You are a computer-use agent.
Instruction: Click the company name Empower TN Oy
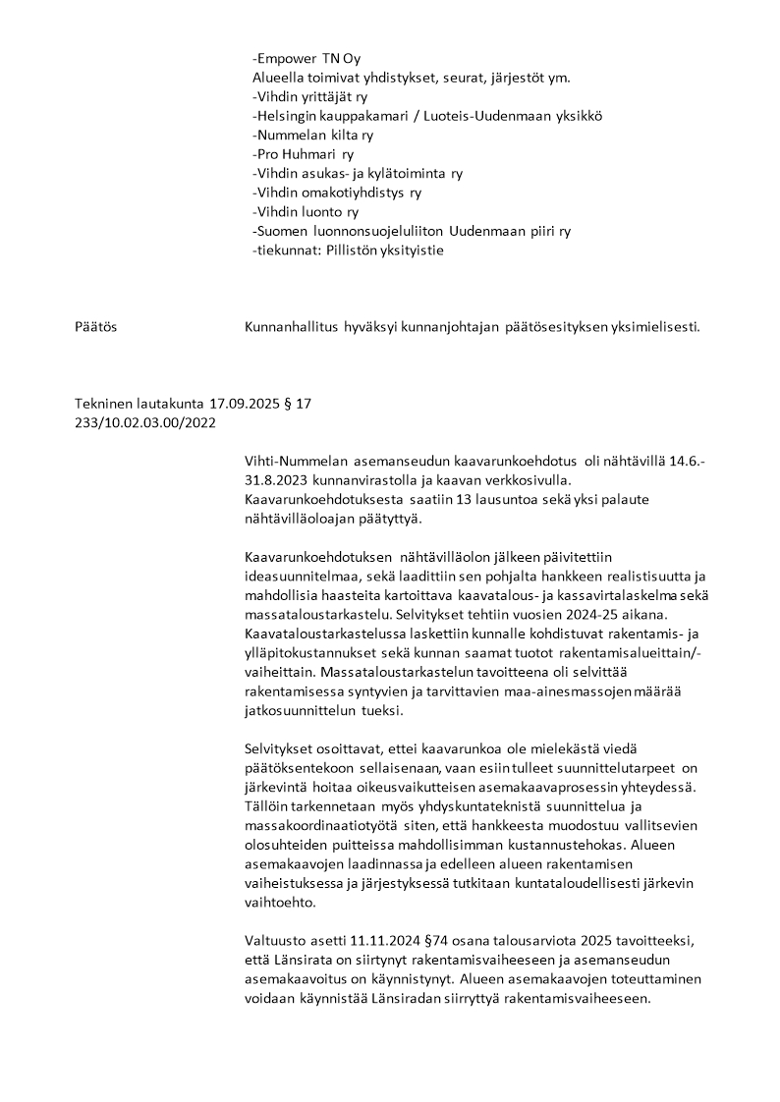tap(306, 59)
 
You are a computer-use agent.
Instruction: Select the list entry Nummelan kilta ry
tap(312, 135)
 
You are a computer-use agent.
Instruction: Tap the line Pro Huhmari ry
tap(303, 154)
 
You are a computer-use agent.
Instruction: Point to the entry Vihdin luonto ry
tap(305, 211)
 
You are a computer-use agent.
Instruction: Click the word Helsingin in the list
tap(287, 116)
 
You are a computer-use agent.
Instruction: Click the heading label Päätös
tap(96, 326)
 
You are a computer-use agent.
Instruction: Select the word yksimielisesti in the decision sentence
tap(653, 326)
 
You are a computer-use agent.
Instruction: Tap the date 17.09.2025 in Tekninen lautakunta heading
tap(246, 404)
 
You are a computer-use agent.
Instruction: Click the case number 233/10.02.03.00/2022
tap(145, 422)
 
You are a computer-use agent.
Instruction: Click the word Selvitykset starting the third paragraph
tap(280, 748)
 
